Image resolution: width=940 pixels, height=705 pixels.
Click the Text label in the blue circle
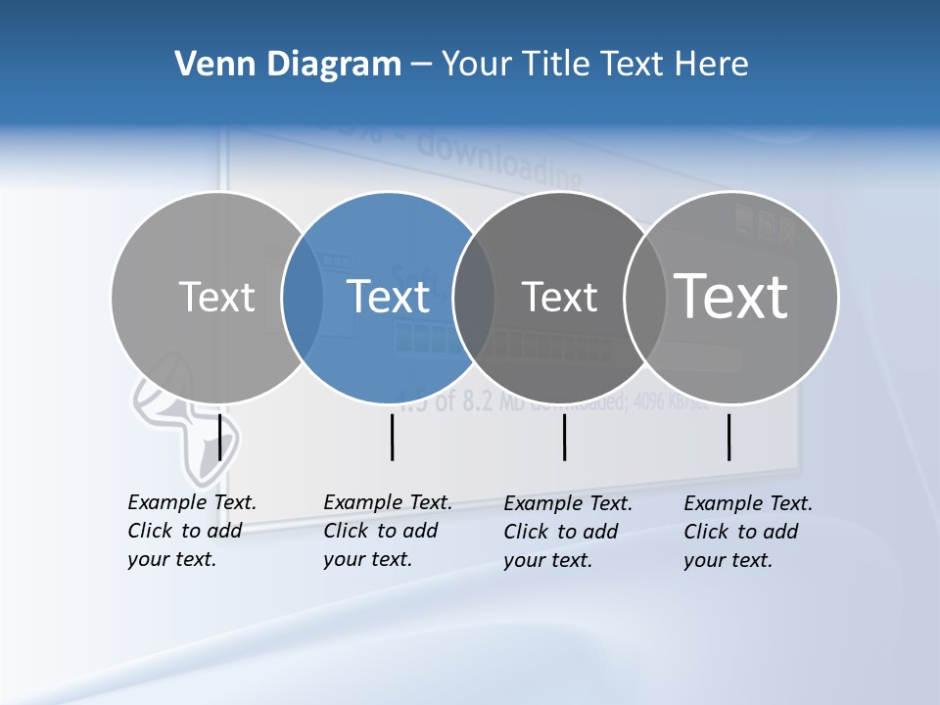click(389, 297)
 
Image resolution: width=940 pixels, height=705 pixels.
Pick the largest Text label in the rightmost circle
click(731, 297)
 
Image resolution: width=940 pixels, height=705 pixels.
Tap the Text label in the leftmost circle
click(216, 297)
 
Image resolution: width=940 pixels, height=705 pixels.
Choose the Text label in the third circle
click(559, 297)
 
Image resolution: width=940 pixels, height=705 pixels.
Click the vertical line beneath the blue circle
click(392, 437)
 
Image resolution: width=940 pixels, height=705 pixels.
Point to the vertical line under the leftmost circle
click(219, 437)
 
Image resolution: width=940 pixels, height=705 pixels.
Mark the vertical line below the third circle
click(564, 437)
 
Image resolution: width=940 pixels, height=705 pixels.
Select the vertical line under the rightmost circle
click(728, 437)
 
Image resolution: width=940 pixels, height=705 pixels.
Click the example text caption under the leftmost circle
click(191, 531)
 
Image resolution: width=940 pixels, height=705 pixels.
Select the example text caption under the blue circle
click(387, 531)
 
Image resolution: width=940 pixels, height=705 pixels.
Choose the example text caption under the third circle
click(567, 532)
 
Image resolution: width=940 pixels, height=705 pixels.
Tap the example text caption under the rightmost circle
click(747, 532)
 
